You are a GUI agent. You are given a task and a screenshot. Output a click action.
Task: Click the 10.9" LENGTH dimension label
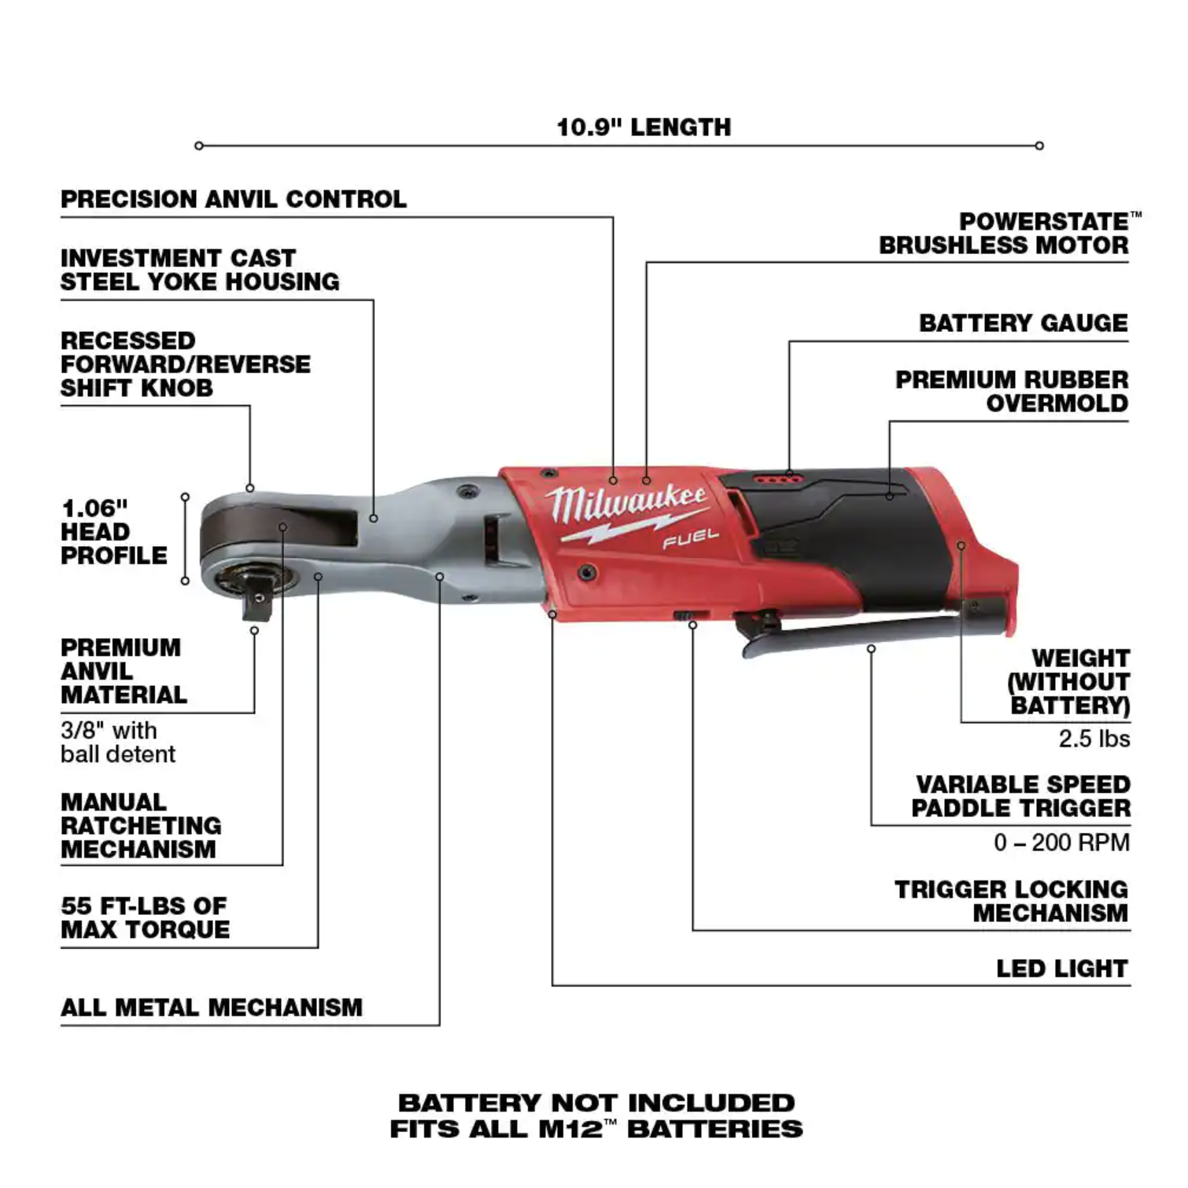pos(644,127)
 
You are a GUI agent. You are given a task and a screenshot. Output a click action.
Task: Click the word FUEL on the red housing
pos(690,539)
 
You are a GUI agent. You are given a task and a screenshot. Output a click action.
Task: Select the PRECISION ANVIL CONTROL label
pos(234,199)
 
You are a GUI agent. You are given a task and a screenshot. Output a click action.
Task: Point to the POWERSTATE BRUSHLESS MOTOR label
pos(1005,234)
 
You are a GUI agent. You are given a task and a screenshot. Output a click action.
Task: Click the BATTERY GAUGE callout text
pos(1024,323)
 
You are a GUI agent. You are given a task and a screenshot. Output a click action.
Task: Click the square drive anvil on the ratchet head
pos(256,600)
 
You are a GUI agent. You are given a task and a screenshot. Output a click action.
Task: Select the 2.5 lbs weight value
pos(1094,739)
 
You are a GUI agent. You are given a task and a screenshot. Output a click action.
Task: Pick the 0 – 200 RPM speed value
pos(1061,843)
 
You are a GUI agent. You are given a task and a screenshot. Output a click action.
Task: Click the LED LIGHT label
pos(1062,968)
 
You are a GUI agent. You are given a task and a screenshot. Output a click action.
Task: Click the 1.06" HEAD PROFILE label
pos(114,532)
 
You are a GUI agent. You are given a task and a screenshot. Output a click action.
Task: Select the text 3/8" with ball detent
pos(118,742)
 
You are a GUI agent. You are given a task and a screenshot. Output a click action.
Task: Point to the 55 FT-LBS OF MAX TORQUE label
pos(146,917)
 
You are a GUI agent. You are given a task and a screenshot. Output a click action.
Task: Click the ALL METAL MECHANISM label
pos(212,1008)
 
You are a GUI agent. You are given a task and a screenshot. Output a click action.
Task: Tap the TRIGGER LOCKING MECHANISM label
pos(1012,901)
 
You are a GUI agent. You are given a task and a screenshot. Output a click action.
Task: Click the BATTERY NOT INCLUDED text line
pos(596,1103)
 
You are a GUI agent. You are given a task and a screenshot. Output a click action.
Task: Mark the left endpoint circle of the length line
pos(199,146)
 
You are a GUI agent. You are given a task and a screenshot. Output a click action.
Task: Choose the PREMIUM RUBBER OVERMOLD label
pos(1012,391)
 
